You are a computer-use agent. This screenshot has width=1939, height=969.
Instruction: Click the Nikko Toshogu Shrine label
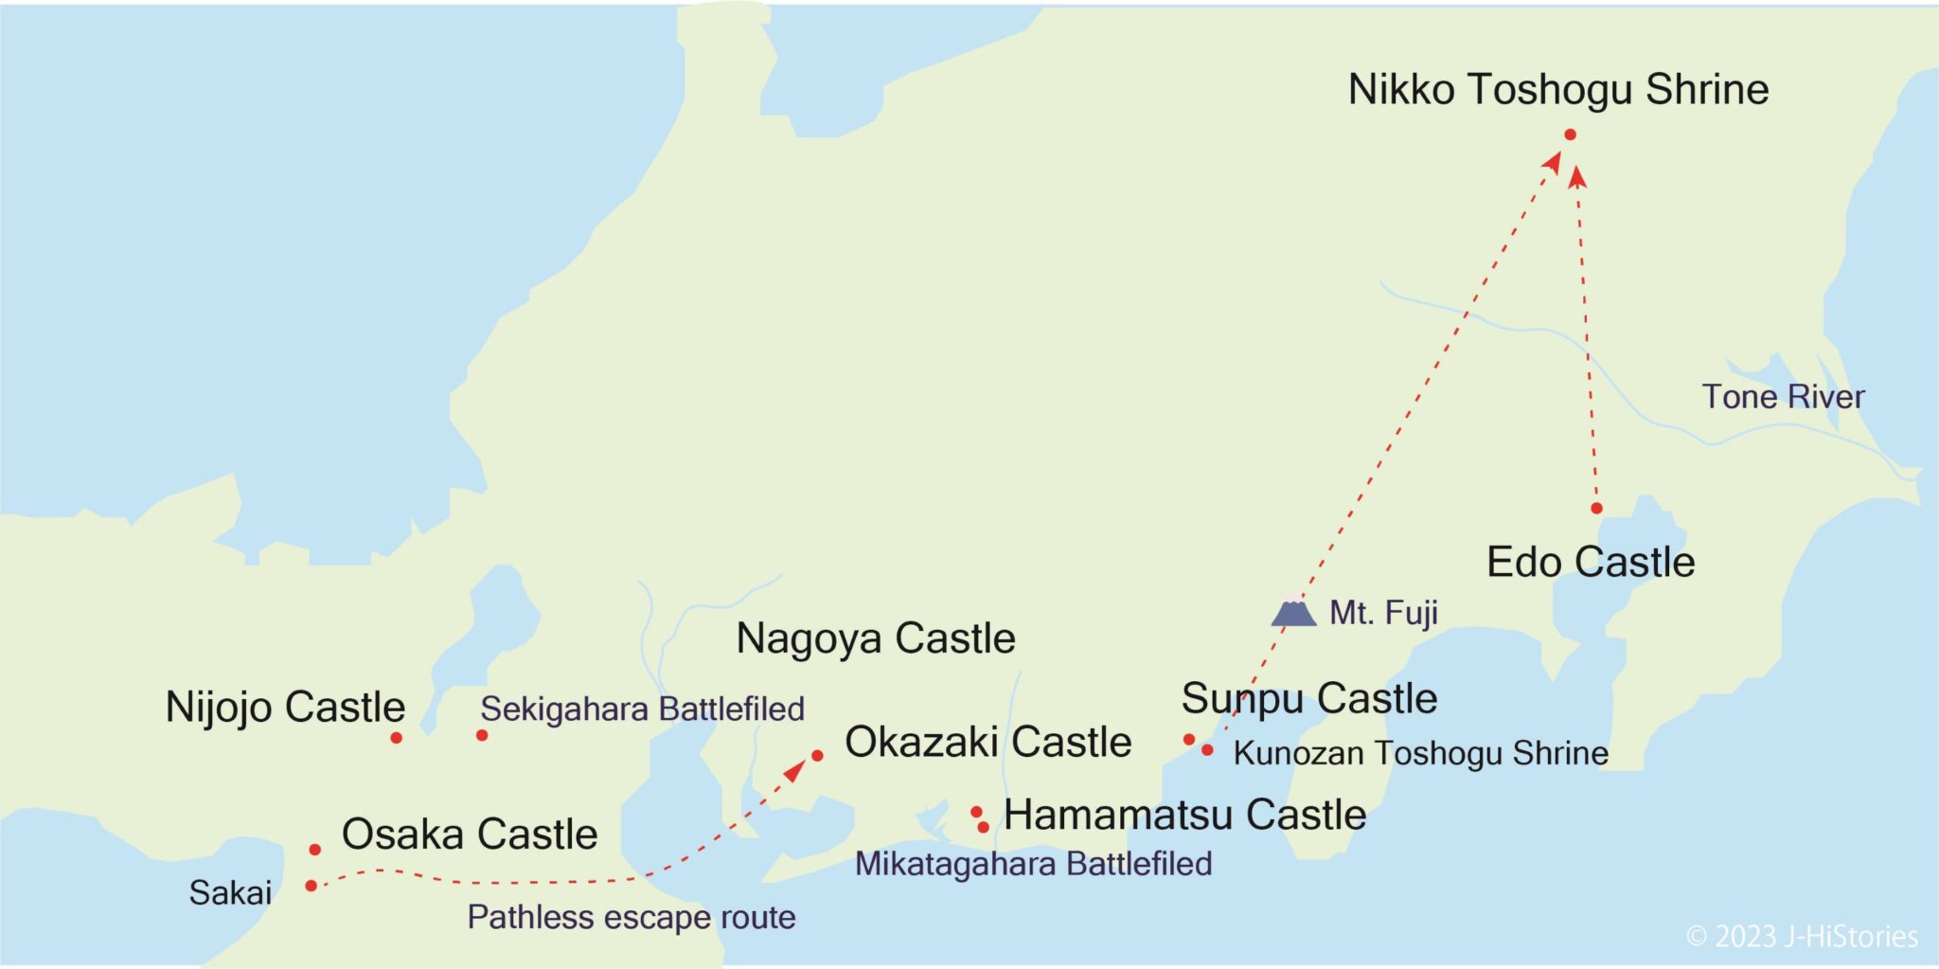pos(1557,90)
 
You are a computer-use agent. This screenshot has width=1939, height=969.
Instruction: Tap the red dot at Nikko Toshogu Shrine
pos(1570,135)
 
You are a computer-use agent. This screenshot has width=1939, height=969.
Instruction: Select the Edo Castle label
pos(1591,563)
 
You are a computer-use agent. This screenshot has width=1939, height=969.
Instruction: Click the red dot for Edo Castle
pos(1596,509)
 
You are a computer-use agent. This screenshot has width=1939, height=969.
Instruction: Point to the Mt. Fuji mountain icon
pos(1293,612)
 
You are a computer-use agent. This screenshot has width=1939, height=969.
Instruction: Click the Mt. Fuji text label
pos(1383,613)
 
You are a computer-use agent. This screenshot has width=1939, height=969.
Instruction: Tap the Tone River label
pos(1783,397)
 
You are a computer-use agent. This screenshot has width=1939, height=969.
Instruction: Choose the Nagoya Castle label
pos(876,638)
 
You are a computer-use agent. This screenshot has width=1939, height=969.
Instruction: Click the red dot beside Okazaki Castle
pos(817,756)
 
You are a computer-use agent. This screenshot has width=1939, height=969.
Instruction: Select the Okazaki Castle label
pos(987,742)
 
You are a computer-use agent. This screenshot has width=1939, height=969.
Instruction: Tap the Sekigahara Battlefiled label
pos(642,709)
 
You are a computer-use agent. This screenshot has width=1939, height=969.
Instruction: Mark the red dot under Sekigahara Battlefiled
pos(482,735)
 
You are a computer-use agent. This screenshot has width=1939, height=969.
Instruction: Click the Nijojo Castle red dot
pos(396,738)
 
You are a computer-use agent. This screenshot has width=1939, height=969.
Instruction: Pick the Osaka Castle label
pos(470,834)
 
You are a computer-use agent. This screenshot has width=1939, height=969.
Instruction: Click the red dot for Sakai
pos(311,886)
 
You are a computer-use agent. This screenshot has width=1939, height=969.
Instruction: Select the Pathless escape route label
pos(632,917)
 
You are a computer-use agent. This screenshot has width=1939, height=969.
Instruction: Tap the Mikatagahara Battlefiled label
pos(1033,864)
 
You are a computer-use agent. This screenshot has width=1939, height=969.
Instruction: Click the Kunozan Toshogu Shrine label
pos(1420,753)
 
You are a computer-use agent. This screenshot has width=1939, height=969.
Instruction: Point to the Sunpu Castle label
pos(1309,699)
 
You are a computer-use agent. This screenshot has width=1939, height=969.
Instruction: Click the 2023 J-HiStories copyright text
pos(1802,937)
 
